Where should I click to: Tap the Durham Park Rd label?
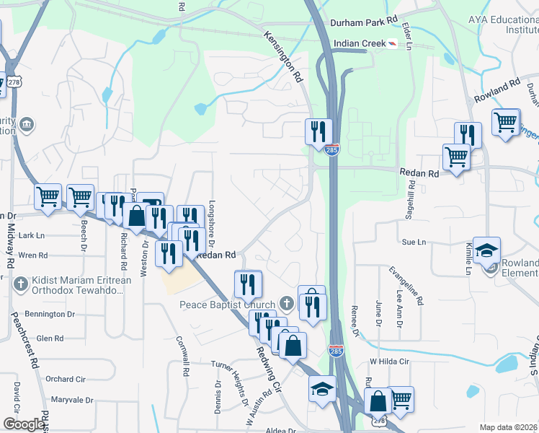coord(364,22)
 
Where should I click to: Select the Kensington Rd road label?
coord(282,56)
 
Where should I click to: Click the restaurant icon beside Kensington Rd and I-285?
coord(318,131)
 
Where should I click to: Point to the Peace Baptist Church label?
coord(227,305)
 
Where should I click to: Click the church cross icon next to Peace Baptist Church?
coord(287,304)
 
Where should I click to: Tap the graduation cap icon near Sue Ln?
coord(486,250)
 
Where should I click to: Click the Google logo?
coord(24,424)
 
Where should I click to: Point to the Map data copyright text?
coord(509,427)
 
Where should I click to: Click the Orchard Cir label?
coord(65,379)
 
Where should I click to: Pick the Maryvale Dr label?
coord(72,400)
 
